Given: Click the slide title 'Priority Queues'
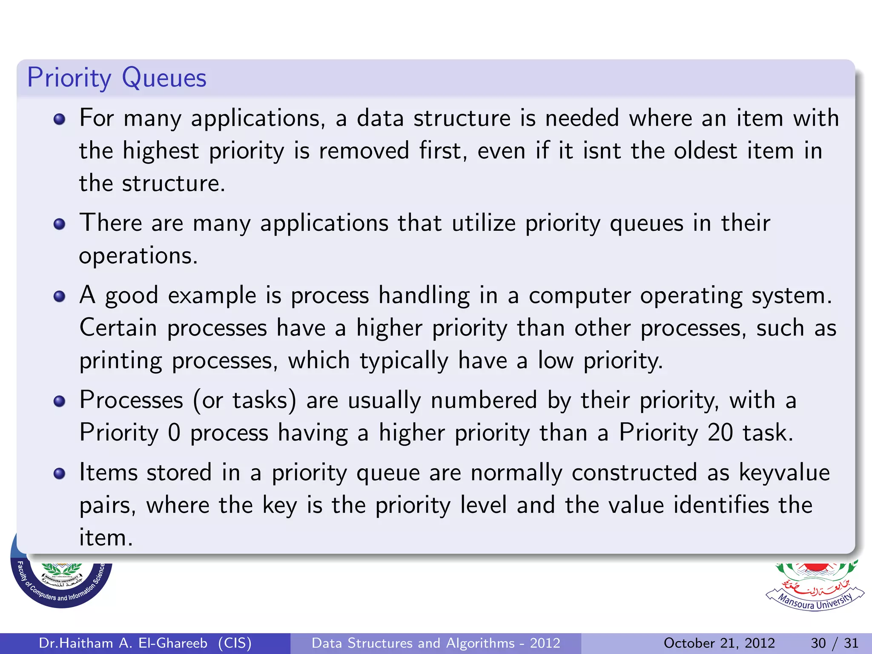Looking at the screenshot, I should pyautogui.click(x=117, y=78).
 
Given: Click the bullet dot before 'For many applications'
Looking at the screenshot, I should pyautogui.click(x=60, y=119).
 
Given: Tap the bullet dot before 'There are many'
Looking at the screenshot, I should pyautogui.click(x=60, y=224).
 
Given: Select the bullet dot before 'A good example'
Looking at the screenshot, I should pyautogui.click(x=60, y=296).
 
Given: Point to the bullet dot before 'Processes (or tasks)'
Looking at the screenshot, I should pyautogui.click(x=60, y=401).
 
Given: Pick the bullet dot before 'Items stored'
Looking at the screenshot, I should pyautogui.click(x=60, y=473).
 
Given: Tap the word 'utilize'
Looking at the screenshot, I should pyautogui.click(x=484, y=223).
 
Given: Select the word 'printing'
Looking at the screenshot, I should pyautogui.click(x=121, y=361).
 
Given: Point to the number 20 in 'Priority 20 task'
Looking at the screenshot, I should pyautogui.click(x=720, y=433).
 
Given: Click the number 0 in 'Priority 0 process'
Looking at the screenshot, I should pyautogui.click(x=174, y=433).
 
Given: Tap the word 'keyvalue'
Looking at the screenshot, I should pyautogui.click(x=784, y=473).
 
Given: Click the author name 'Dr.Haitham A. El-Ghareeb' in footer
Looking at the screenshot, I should pyautogui.click(x=123, y=643).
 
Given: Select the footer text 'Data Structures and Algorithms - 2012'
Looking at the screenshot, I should pyautogui.click(x=436, y=643).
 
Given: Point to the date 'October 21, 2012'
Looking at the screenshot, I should pyautogui.click(x=719, y=643).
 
